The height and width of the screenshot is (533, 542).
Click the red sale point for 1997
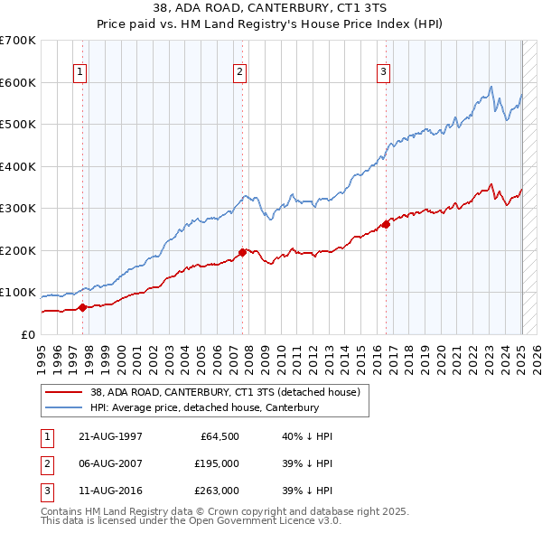83,307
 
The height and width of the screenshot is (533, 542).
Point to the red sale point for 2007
242,252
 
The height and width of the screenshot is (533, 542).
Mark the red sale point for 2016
386,224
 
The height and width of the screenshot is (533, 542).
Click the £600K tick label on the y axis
18,82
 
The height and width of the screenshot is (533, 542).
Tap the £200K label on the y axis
18,250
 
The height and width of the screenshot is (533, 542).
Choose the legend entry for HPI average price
205,407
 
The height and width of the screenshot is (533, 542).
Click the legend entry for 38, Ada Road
225,392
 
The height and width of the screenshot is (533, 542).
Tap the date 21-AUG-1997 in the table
111,436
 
